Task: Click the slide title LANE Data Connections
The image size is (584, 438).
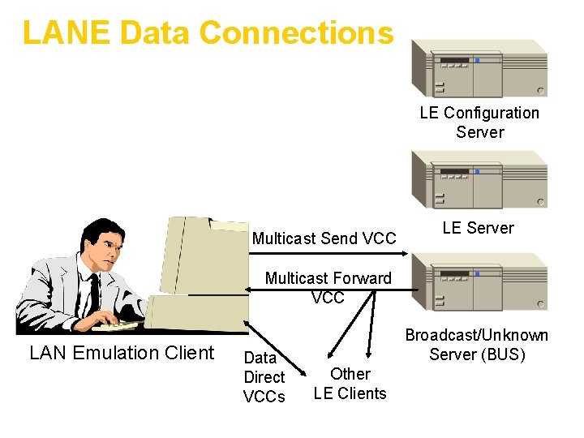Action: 208,33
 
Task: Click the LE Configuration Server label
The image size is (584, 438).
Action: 479,122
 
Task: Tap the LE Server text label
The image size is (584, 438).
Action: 478,228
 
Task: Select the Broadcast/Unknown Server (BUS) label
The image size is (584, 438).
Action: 477,345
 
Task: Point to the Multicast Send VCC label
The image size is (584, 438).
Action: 324,238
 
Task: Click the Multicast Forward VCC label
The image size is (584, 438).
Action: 328,288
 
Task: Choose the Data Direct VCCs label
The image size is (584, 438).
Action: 264,377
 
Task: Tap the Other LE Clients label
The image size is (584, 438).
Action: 350,384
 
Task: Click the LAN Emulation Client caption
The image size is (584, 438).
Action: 122,353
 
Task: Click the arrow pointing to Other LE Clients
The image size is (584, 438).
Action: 370,324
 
